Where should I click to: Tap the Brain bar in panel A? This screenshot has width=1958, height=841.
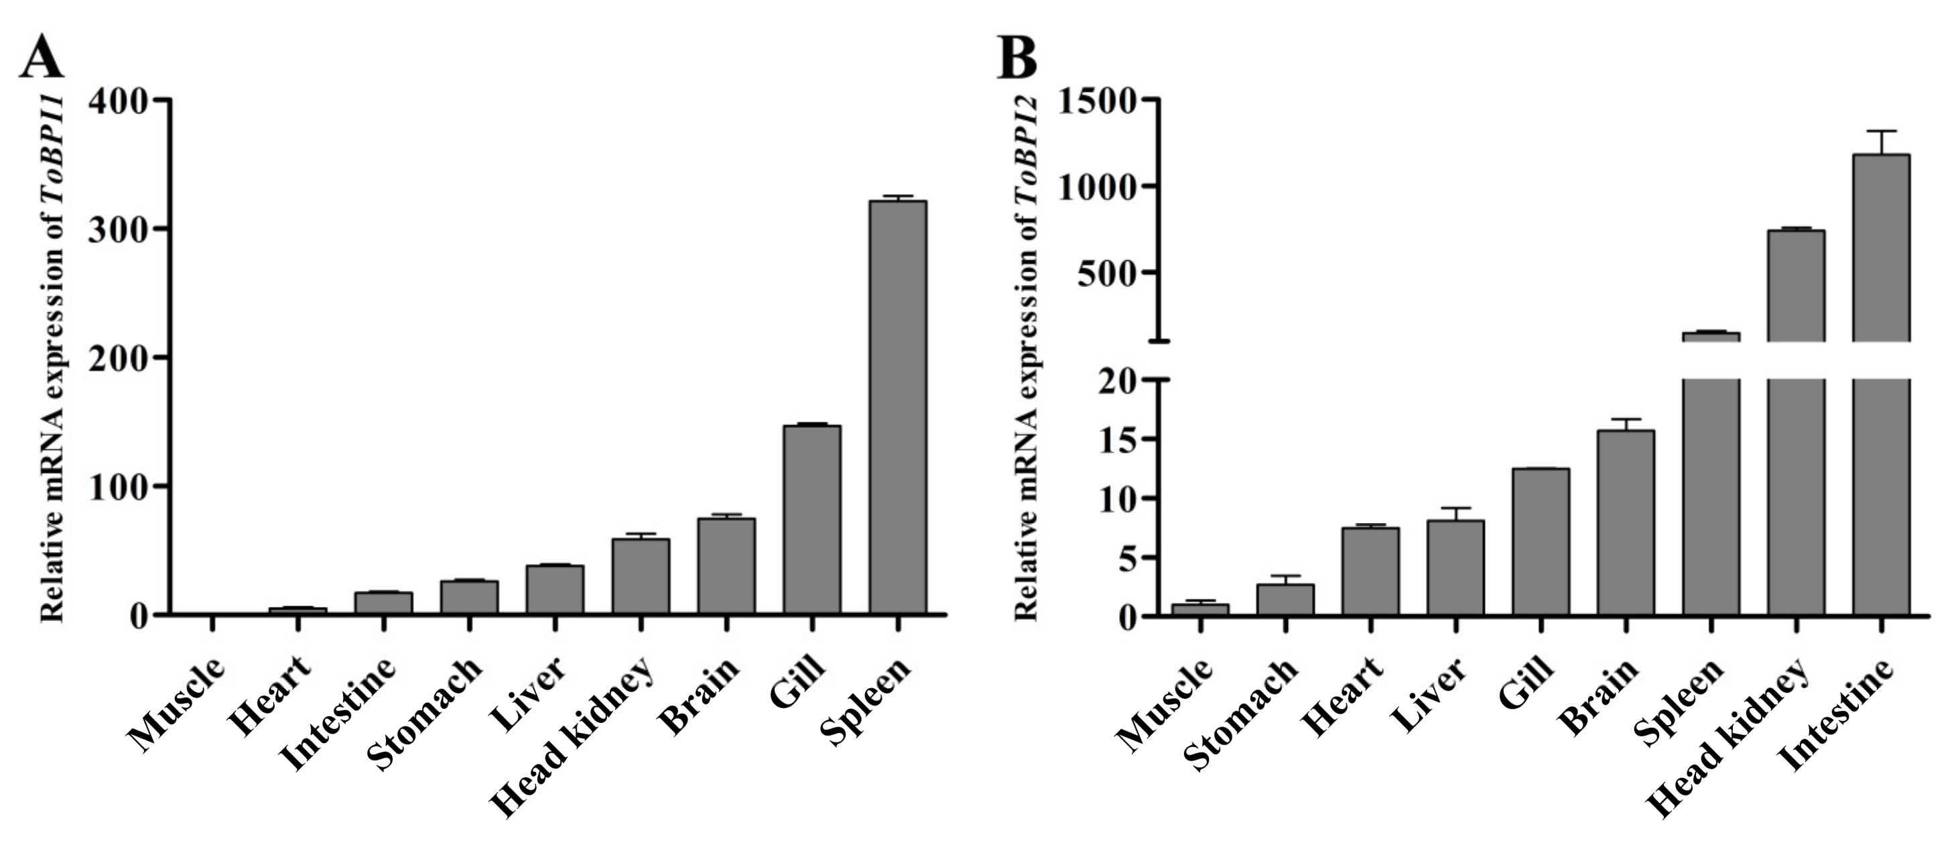[726, 566]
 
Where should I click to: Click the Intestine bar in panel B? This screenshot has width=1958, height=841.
[1881, 380]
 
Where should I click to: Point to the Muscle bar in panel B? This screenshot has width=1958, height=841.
[1200, 609]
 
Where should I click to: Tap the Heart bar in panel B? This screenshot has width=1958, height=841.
[1370, 571]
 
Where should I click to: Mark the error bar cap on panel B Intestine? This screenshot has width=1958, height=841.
[1881, 131]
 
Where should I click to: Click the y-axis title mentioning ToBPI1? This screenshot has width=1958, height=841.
[52, 357]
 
